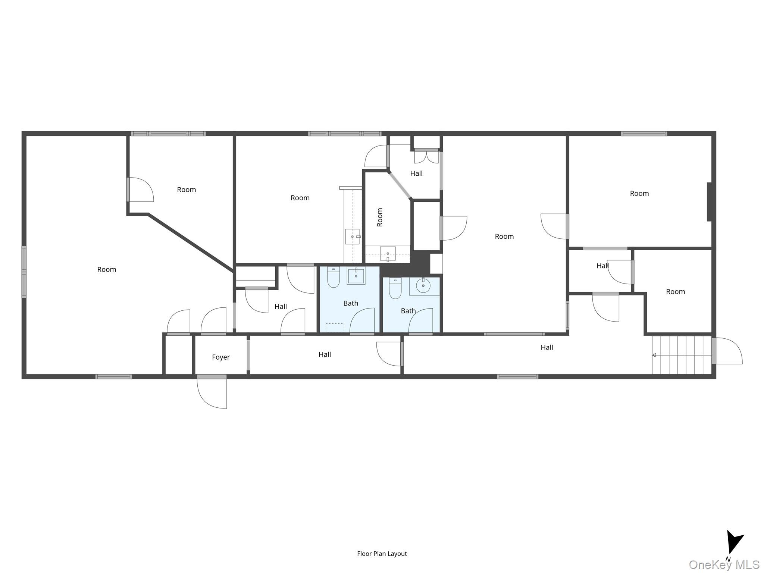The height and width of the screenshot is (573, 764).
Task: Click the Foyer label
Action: point(221,357)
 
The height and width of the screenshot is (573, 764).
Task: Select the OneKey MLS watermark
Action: point(724,565)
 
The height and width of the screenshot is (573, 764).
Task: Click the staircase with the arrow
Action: point(682,355)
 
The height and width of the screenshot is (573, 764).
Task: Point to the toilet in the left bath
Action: point(333,277)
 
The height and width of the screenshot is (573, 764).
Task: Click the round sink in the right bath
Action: point(423,286)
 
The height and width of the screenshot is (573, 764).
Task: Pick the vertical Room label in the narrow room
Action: point(380,217)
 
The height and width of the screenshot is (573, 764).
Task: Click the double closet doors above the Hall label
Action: point(426,156)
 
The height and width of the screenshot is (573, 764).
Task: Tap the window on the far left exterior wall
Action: point(24,272)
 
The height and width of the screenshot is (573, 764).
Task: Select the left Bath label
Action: point(351,304)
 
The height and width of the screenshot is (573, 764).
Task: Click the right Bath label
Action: point(408,311)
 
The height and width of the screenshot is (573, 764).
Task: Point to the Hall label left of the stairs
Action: point(547,348)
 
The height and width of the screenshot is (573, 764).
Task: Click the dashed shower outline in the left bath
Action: point(335,328)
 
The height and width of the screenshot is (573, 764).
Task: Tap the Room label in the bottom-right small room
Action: point(676,292)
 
